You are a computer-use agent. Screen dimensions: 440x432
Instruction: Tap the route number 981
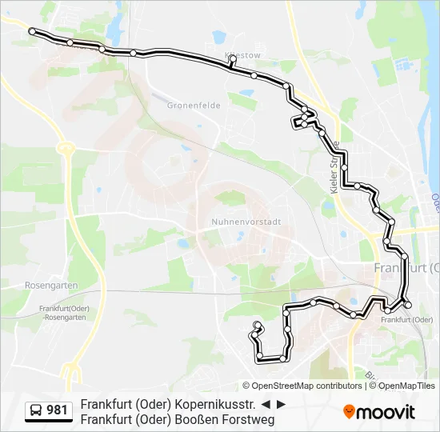(x=58, y=410)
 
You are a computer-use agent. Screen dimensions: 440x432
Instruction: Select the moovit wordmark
(x=386, y=412)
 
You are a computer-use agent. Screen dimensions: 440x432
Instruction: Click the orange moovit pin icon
(x=350, y=412)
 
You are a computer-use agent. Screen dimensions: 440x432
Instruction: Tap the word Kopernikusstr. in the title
(x=218, y=404)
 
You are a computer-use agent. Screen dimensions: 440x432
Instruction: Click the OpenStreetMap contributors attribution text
(x=307, y=386)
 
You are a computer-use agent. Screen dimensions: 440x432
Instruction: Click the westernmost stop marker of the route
(x=32, y=31)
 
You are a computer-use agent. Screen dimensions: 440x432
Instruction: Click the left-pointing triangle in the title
(x=266, y=404)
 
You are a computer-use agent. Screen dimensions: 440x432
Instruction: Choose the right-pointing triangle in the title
(x=281, y=404)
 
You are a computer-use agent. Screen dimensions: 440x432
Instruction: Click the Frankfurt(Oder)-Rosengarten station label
(x=62, y=313)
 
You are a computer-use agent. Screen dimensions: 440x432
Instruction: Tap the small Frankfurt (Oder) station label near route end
(x=405, y=320)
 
